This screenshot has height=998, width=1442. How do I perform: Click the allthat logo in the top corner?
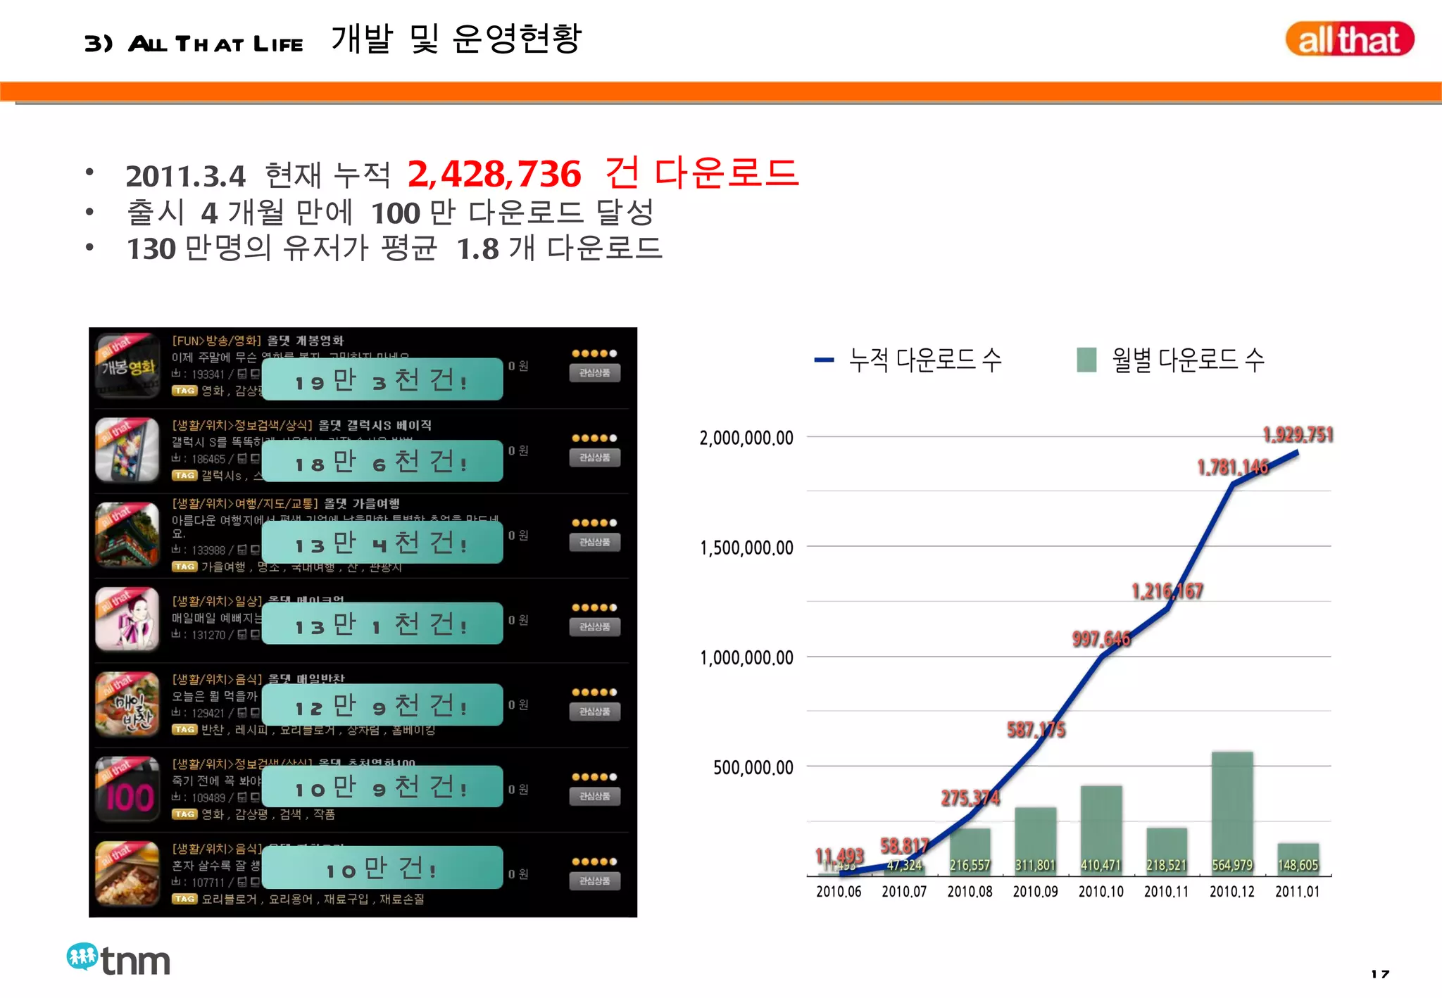pos(1348,39)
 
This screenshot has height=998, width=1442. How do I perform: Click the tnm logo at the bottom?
pos(118,959)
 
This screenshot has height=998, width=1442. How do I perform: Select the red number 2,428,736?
pos(494,174)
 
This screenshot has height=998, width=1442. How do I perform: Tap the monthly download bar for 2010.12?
pos(1231,813)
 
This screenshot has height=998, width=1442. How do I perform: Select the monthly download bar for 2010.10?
pos(1101,830)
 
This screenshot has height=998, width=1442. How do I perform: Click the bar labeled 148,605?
pos(1298,859)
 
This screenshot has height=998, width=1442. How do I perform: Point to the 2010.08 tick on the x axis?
pos(970,892)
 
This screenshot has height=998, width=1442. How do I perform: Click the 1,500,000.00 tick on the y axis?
pos(746,548)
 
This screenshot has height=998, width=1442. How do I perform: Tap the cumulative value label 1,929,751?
pos(1298,435)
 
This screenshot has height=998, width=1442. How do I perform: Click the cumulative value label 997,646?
pos(1101,639)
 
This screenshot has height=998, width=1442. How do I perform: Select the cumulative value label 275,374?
pos(970,798)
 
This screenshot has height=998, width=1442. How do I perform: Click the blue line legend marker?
pos(824,360)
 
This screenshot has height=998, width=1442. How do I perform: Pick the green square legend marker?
pos(1086,360)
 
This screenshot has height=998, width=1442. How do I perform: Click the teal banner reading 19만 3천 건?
pos(382,380)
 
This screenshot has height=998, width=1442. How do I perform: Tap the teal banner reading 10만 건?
pos(382,868)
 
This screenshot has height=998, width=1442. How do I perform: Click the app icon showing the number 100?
pos(127,790)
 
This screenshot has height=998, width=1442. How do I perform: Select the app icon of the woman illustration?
pos(127,619)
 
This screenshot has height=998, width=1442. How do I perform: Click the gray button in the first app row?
pos(594,373)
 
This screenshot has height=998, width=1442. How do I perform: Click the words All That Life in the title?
pos(215,44)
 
